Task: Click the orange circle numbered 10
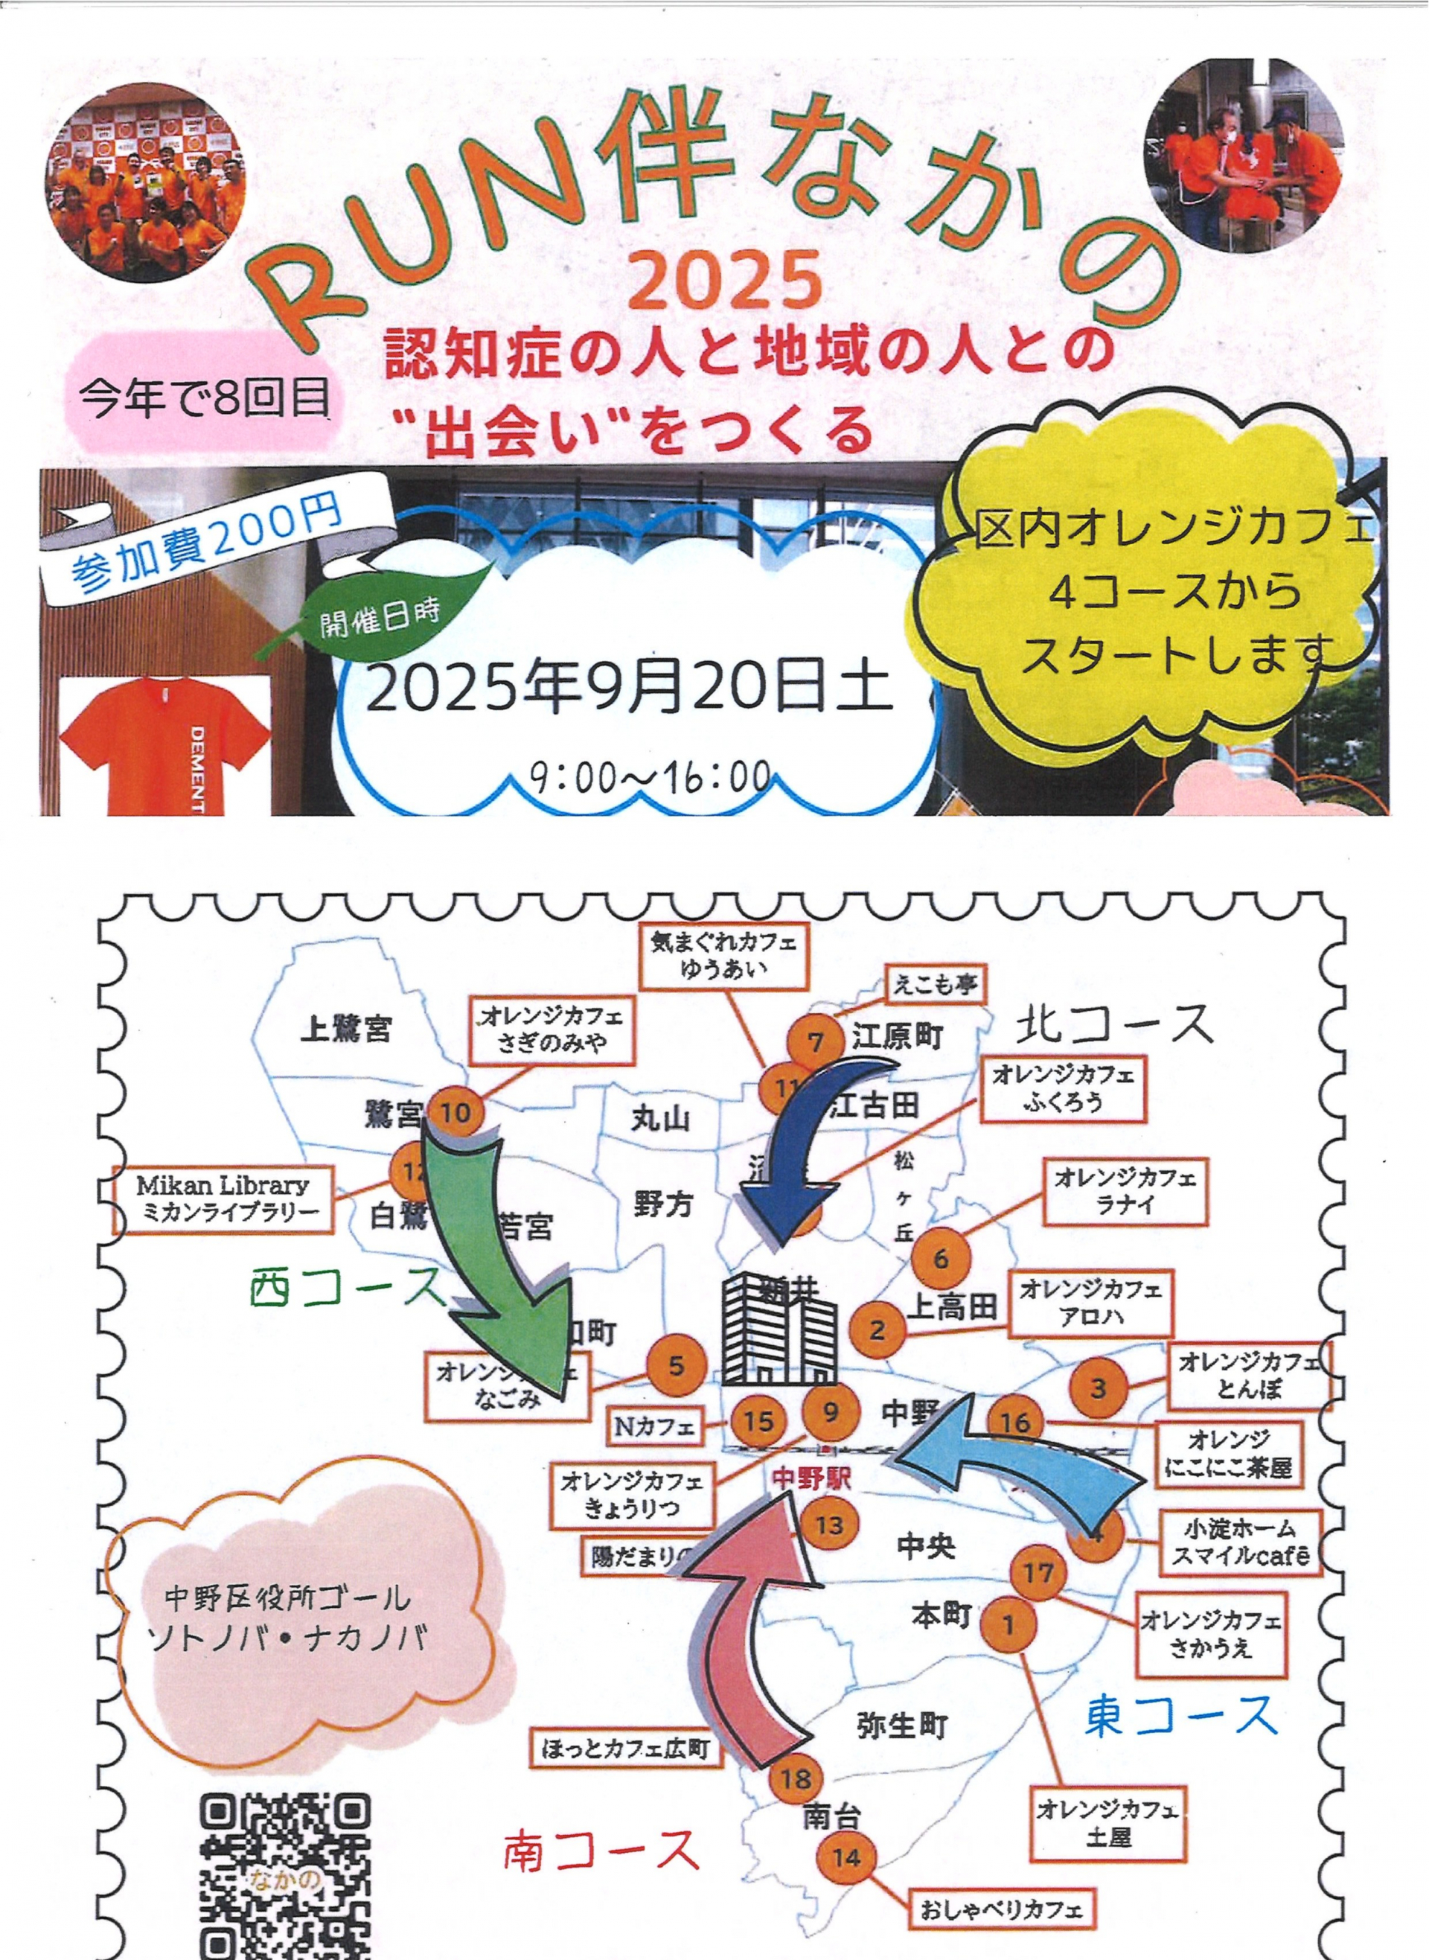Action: coord(455,1111)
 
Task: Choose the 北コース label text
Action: coord(1116,1025)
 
